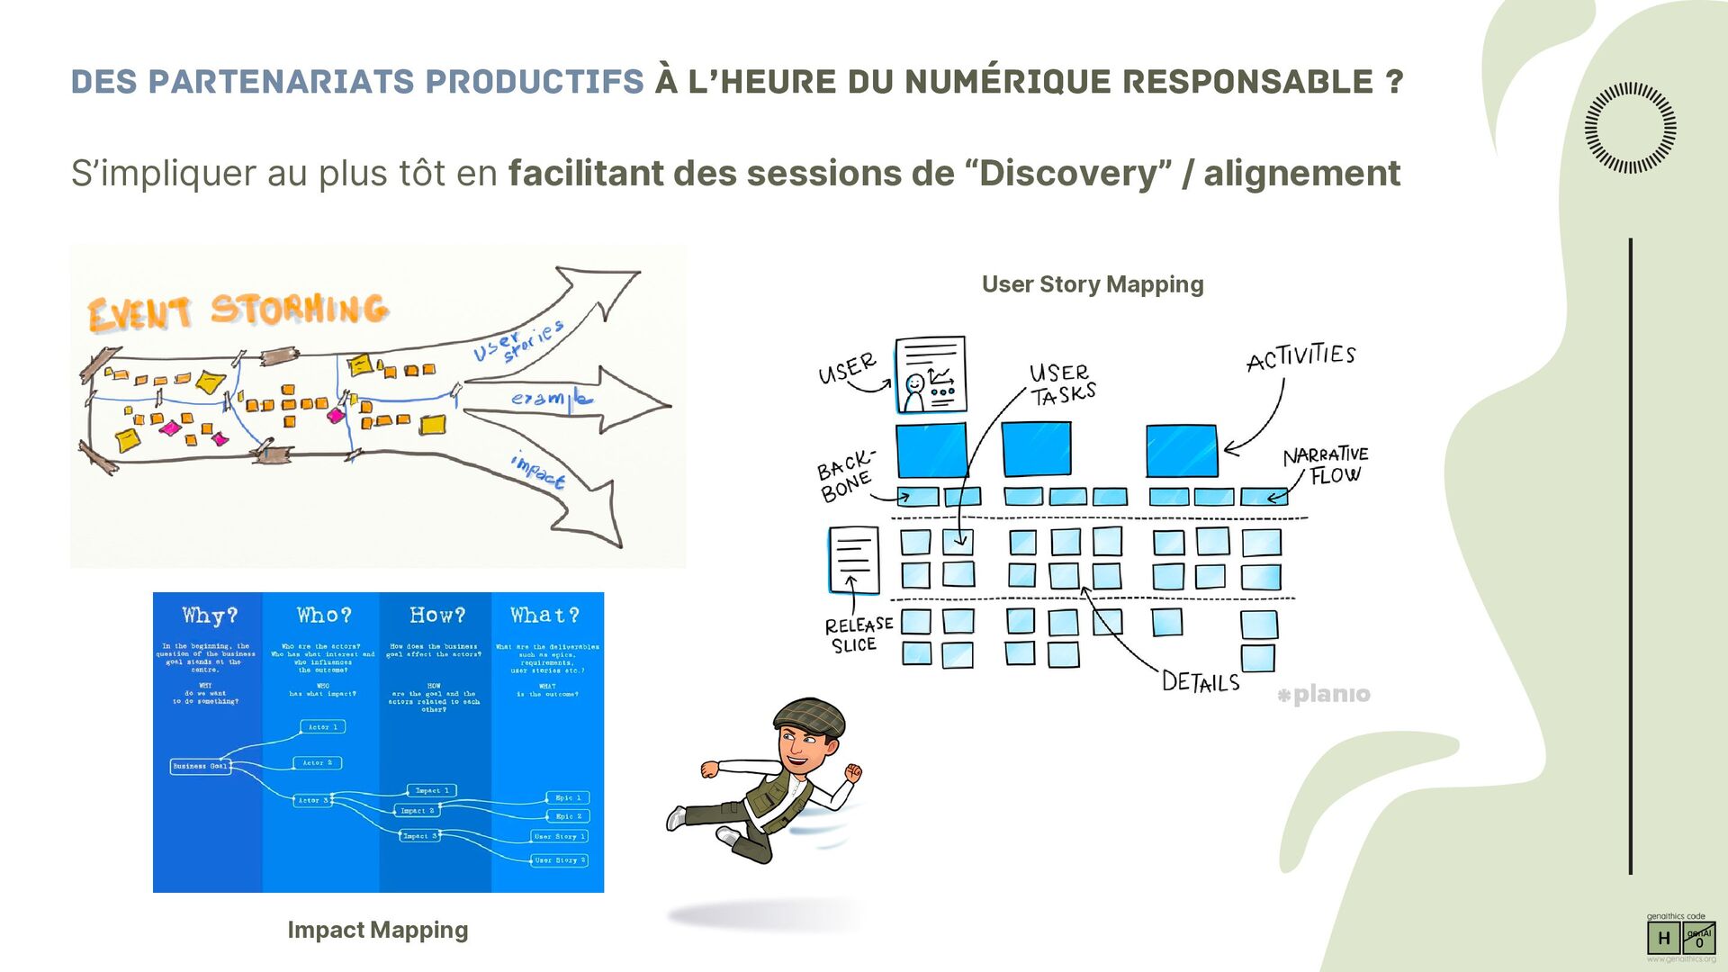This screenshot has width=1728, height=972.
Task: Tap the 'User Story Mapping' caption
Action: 1092,284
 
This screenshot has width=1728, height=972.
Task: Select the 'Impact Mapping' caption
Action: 377,930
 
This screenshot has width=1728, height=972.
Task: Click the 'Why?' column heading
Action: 210,616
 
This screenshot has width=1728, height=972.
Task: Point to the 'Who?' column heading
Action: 324,616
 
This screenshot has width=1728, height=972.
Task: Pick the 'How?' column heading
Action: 437,616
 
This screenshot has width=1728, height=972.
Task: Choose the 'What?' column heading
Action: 544,616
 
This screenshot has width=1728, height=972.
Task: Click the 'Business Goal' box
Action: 200,766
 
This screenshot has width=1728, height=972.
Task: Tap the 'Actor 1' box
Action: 322,726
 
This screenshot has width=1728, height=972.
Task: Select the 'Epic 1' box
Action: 568,797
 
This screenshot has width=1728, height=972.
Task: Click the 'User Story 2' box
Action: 559,860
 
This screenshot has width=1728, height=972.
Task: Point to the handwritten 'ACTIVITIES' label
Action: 1300,356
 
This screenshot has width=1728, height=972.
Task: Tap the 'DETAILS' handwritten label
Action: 1200,682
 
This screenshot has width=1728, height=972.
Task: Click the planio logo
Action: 1324,694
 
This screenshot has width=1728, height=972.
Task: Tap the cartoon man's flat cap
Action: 810,715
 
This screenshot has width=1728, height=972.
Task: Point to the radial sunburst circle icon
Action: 1630,128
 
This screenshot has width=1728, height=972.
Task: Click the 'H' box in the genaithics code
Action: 1663,938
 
